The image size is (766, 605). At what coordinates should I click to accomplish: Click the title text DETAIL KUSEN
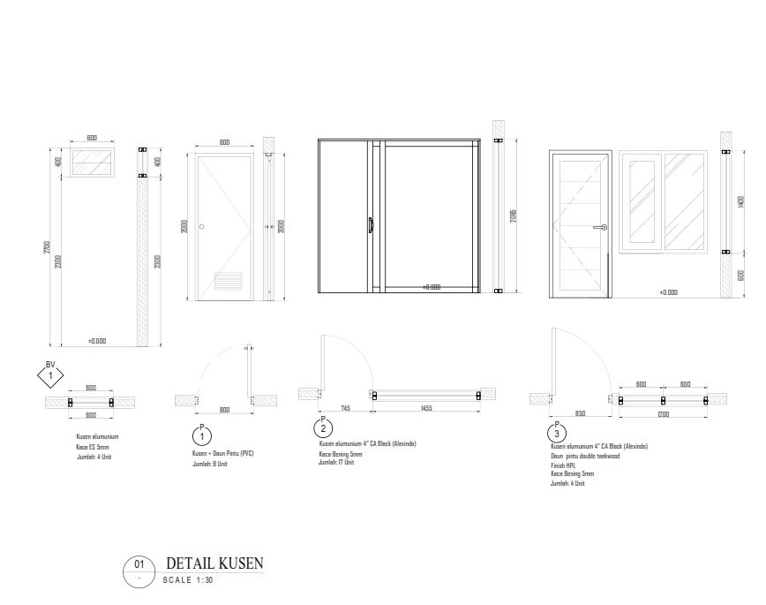[x=214, y=563]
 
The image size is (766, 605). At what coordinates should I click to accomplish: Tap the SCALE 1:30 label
[x=188, y=580]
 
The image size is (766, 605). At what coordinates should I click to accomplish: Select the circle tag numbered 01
[x=139, y=564]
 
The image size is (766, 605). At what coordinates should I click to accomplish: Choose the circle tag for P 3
[x=556, y=434]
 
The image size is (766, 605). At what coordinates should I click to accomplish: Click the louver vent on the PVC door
[x=229, y=282]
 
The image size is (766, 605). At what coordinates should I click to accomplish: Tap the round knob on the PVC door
[x=201, y=227]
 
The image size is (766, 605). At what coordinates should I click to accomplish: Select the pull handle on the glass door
[x=371, y=226]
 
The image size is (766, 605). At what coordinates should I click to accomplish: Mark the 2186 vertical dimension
[x=514, y=216]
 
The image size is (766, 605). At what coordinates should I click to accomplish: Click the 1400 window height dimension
[x=740, y=202]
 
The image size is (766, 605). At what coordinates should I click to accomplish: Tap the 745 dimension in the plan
[x=345, y=408]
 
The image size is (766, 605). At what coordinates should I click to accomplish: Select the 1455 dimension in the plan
[x=426, y=408]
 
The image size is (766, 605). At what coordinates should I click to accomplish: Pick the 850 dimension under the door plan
[x=580, y=413]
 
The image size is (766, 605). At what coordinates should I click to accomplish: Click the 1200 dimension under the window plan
[x=663, y=413]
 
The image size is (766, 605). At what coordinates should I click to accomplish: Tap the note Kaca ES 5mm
[x=93, y=447]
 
